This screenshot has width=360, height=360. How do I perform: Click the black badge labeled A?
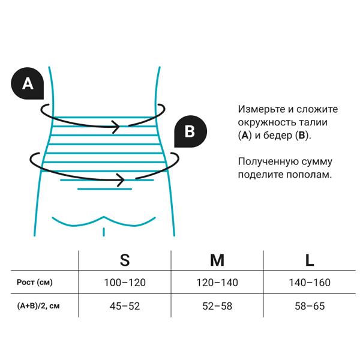(x=28, y=84)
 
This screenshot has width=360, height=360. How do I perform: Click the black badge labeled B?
(x=190, y=131)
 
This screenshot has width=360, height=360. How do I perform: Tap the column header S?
(x=125, y=260)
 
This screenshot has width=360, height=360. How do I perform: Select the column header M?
(x=217, y=260)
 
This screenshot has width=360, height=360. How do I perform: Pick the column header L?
(x=310, y=260)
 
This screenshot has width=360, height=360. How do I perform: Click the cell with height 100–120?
(x=125, y=283)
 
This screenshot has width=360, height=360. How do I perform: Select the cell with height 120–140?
(x=217, y=283)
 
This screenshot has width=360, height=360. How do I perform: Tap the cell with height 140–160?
(x=310, y=283)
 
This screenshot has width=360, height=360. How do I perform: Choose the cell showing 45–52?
(x=125, y=306)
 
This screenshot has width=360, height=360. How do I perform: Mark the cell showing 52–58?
(x=217, y=306)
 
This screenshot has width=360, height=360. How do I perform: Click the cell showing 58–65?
(x=310, y=306)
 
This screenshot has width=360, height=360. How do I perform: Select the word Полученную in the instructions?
(x=268, y=161)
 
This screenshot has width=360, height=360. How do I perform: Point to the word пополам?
(x=310, y=175)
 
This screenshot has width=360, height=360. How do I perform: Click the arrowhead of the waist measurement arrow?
(x=116, y=126)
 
